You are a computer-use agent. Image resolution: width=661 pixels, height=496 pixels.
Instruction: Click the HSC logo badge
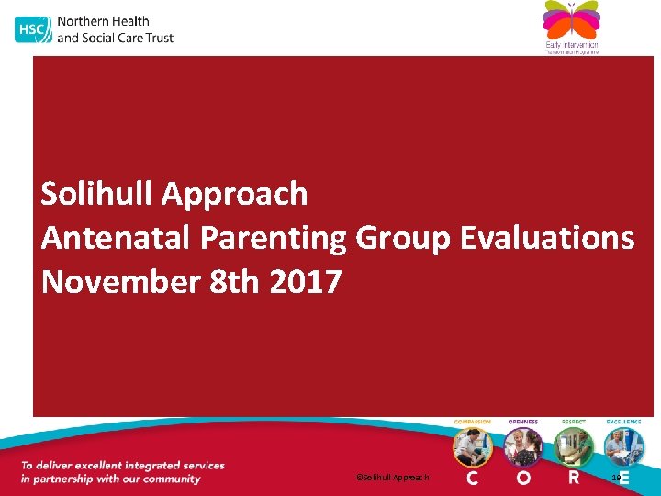click(32, 29)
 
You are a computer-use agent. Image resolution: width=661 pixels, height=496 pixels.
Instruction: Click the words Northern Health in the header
click(103, 21)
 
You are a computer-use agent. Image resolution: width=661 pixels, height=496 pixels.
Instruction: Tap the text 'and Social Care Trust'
click(115, 38)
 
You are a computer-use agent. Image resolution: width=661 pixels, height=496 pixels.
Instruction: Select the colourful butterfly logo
click(570, 20)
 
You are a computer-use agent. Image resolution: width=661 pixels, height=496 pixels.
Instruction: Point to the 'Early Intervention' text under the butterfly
click(571, 44)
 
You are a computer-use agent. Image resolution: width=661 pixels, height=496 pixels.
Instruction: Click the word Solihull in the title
click(96, 194)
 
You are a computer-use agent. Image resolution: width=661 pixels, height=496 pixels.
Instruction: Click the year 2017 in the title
click(306, 282)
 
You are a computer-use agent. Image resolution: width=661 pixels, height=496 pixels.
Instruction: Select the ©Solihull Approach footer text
click(392, 478)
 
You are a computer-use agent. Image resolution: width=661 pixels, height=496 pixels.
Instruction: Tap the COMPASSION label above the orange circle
click(473, 422)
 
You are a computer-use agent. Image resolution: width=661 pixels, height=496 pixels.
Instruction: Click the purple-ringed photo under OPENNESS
click(523, 447)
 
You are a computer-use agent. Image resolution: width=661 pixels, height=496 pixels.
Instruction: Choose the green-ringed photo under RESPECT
click(574, 447)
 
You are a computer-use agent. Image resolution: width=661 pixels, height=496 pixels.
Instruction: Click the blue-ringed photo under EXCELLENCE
click(623, 447)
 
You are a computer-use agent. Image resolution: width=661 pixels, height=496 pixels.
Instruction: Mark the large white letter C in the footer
click(473, 478)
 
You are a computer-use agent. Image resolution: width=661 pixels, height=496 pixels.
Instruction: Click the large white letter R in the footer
click(574, 478)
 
